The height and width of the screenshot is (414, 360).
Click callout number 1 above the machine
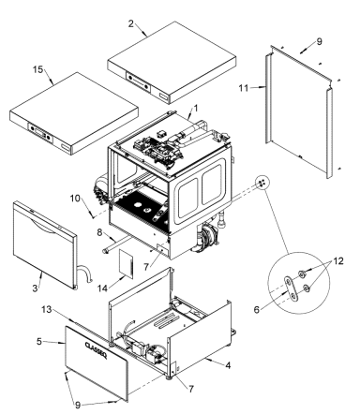(x=195, y=109)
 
